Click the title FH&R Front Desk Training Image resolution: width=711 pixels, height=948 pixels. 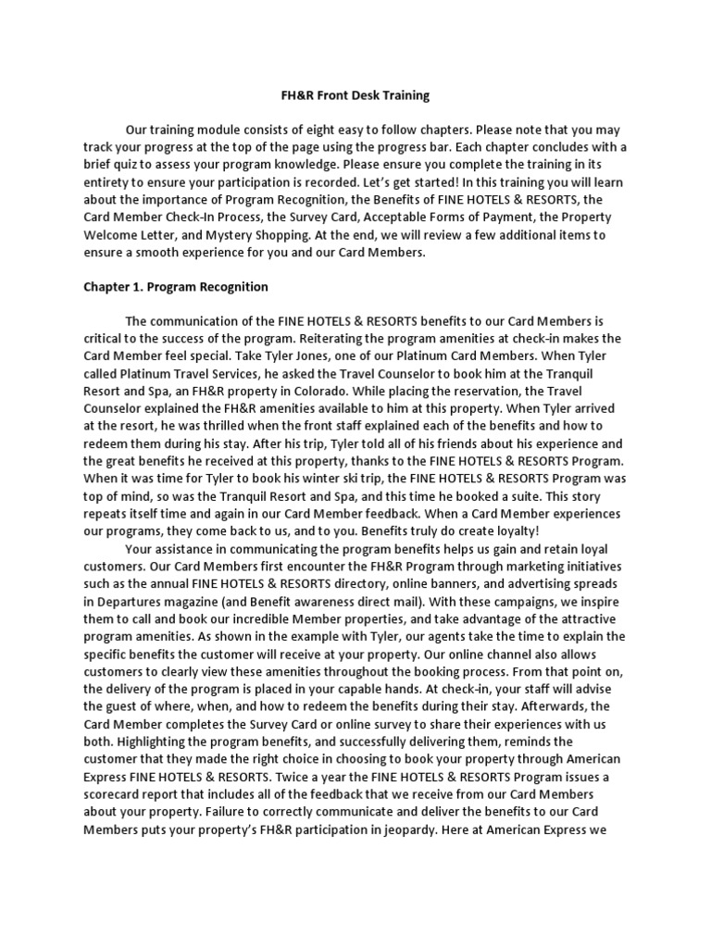343,95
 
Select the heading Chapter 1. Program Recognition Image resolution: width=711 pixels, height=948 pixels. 175,287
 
